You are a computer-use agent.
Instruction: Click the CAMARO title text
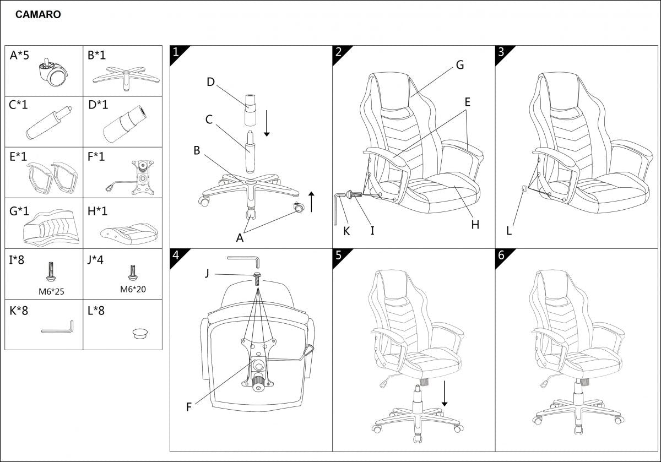(38, 15)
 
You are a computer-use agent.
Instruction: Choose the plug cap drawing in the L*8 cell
(141, 333)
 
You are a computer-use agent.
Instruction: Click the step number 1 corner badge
(176, 52)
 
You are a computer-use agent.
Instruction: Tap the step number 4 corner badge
(176, 256)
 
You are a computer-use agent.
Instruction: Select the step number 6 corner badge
(501, 256)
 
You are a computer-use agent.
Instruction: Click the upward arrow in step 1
(311, 202)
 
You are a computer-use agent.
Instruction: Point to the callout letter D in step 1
(210, 82)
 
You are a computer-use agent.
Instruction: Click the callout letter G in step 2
(459, 65)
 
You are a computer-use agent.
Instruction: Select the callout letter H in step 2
(475, 224)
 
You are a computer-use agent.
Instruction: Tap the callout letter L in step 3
(509, 231)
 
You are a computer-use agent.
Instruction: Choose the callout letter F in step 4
(189, 407)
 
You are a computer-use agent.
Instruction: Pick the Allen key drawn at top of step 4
(243, 259)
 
